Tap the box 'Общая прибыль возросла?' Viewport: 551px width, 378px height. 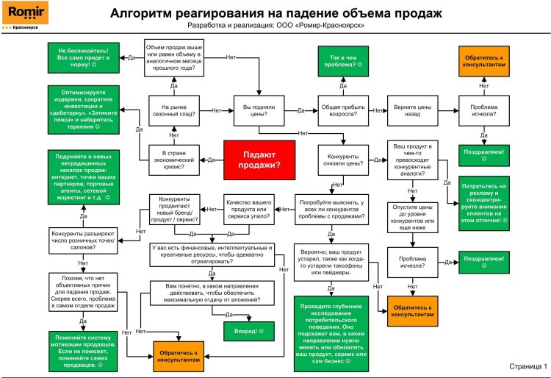point(342,111)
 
